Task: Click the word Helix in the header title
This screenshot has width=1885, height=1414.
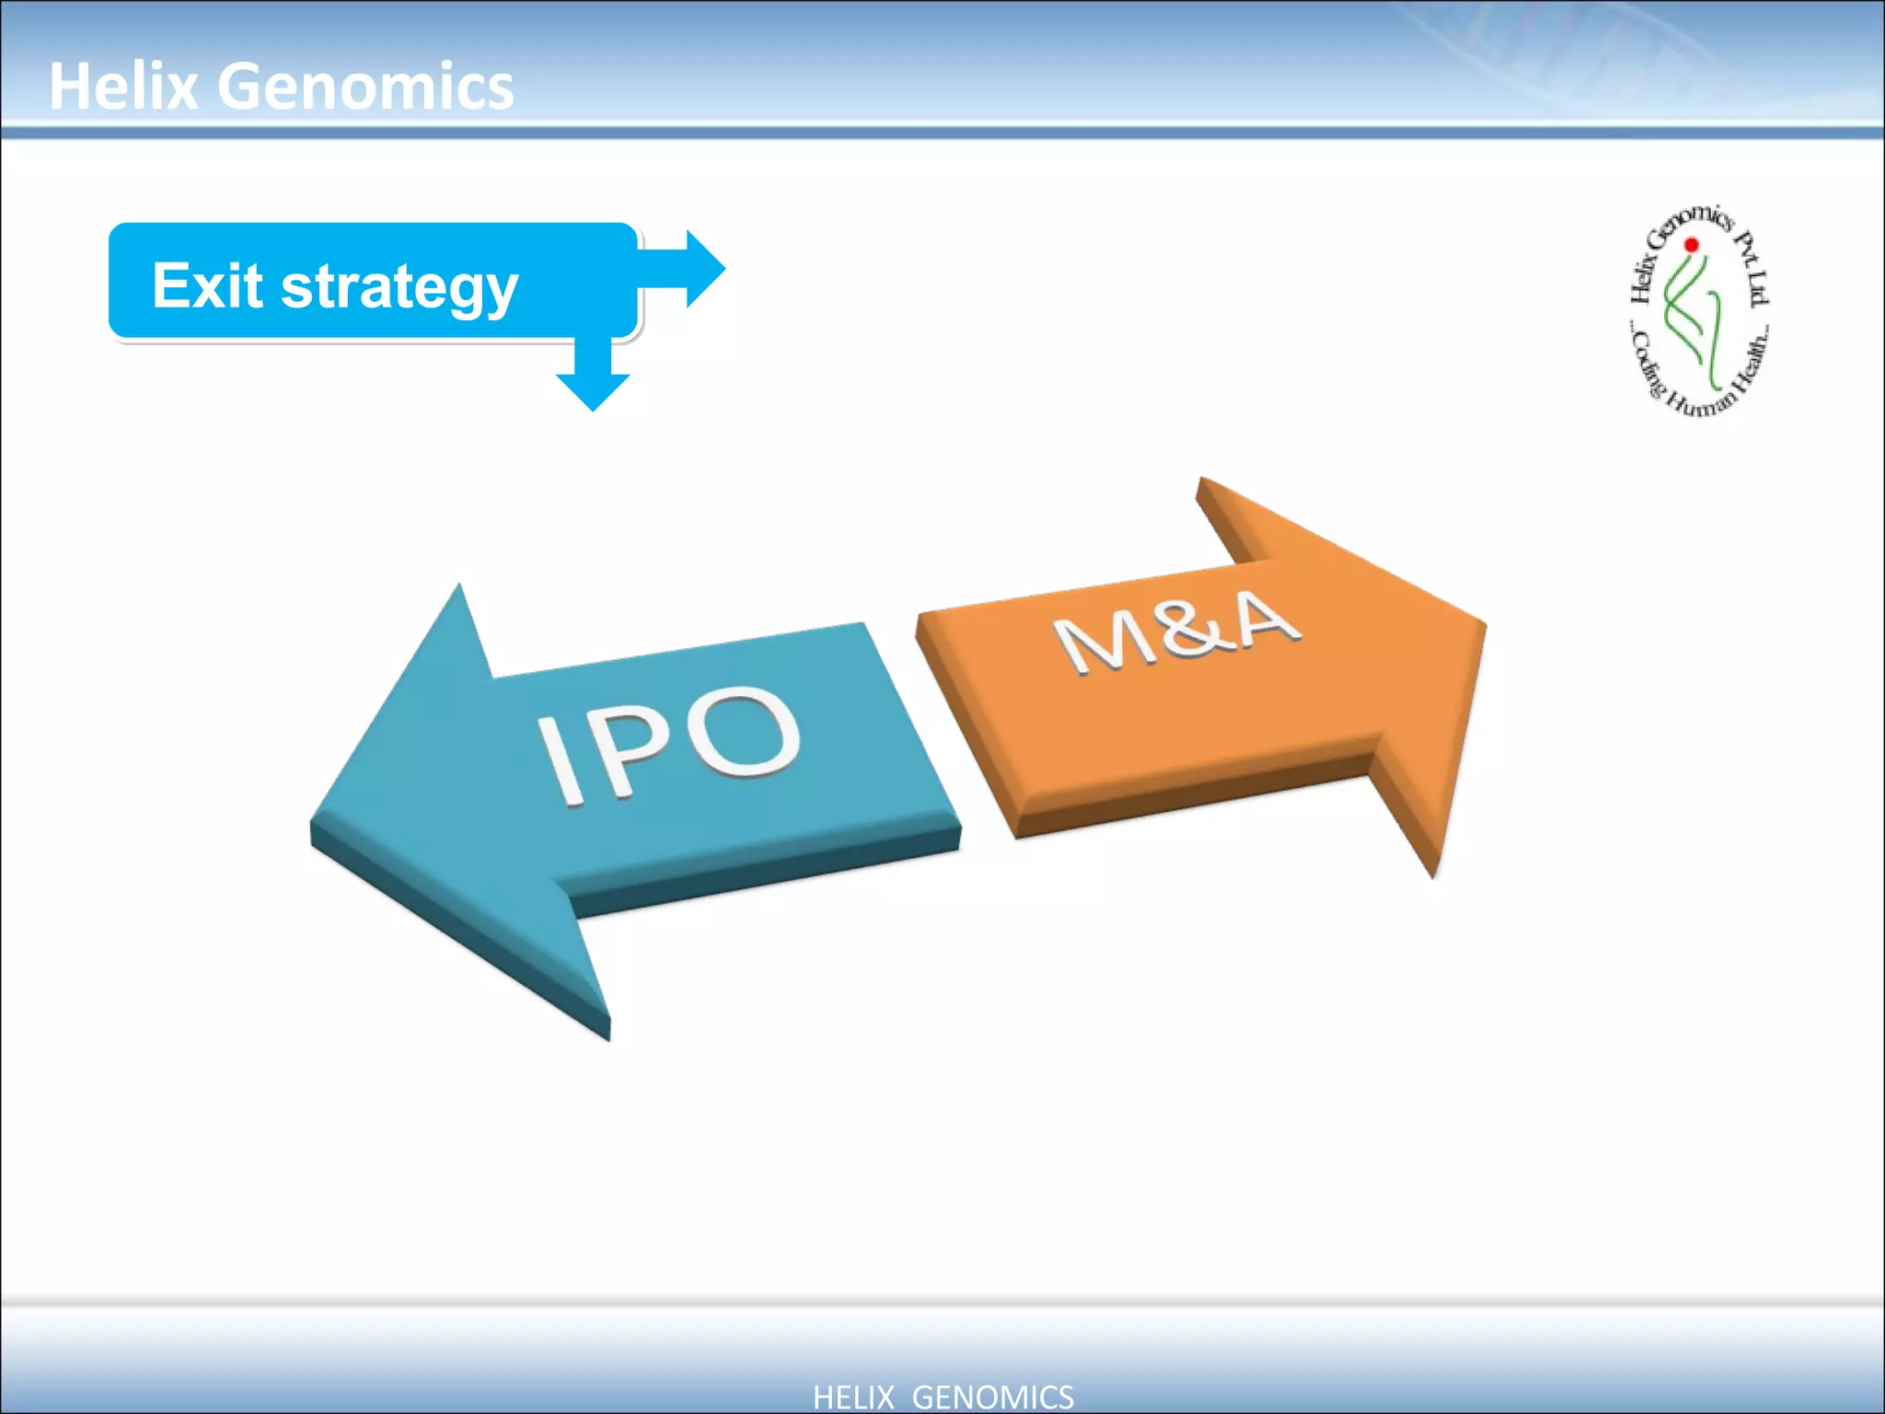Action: (x=123, y=87)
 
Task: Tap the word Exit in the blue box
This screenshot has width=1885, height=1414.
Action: (x=208, y=285)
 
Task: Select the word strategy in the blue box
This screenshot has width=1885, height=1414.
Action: (x=399, y=287)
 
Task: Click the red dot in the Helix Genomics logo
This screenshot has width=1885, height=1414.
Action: (x=1691, y=245)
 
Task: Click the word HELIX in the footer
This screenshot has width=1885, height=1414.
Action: (x=853, y=1397)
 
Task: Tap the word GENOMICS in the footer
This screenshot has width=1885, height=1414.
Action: (x=992, y=1397)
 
